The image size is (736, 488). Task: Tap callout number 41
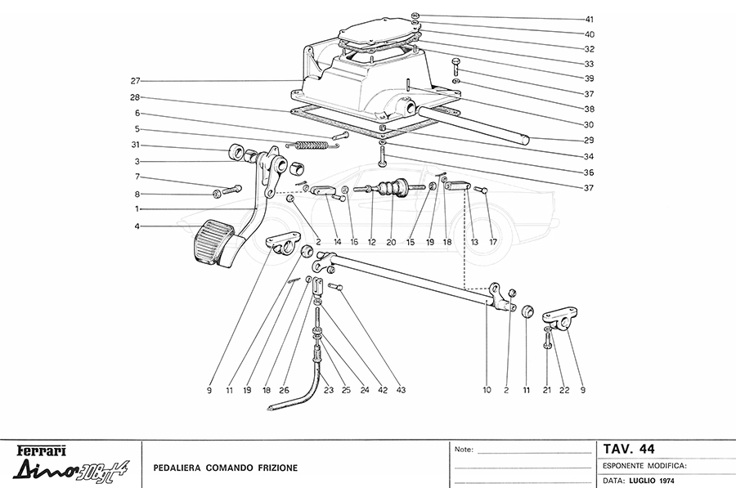590,19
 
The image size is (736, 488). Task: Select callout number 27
136,81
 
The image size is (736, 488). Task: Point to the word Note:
464,450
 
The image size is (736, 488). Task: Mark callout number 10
487,391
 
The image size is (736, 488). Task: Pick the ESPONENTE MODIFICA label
644,465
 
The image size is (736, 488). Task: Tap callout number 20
391,243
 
